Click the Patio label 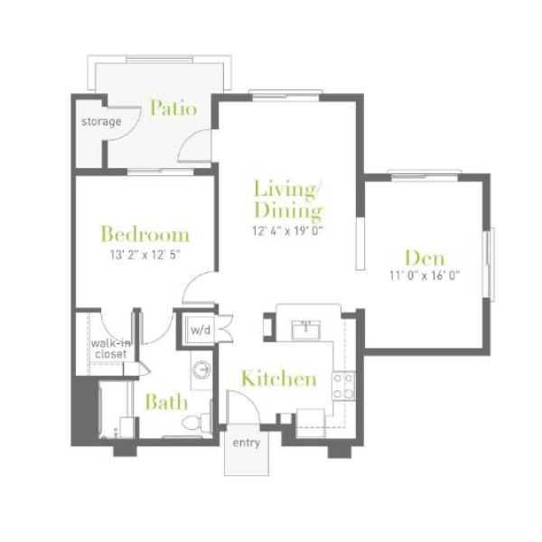(x=173, y=107)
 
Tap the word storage (x=101, y=122)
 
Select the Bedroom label (x=145, y=234)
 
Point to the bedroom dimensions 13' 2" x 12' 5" (x=145, y=255)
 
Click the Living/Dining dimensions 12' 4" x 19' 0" (x=287, y=230)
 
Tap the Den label (x=425, y=257)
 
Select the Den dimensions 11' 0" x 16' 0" (x=425, y=276)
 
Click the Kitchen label (x=279, y=378)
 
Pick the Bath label (x=166, y=402)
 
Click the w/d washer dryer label (x=201, y=330)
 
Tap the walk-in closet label (x=111, y=349)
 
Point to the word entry (x=246, y=443)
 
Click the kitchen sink (x=306, y=330)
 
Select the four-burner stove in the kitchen (x=343, y=386)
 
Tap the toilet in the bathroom (x=196, y=422)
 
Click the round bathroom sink (x=201, y=370)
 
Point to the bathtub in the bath (x=116, y=409)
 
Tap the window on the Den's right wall (x=489, y=264)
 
